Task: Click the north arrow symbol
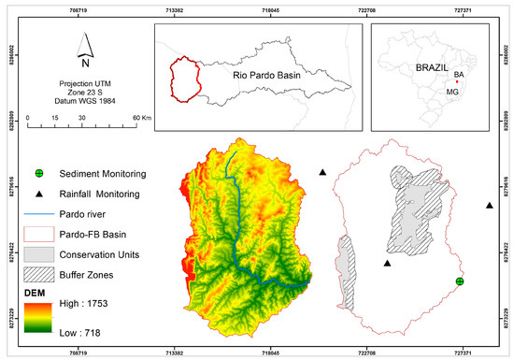pyautogui.click(x=85, y=47)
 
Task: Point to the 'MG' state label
pyautogui.click(x=452, y=93)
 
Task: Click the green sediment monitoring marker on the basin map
pyautogui.click(x=460, y=281)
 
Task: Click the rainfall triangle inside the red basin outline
pyautogui.click(x=387, y=264)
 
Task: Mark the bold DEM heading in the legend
pyautogui.click(x=34, y=292)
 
